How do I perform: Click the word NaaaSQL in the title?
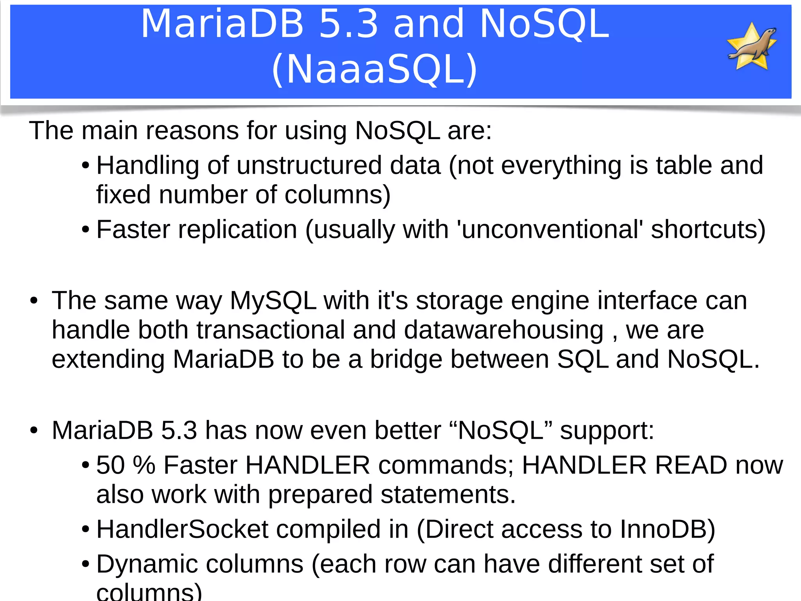click(374, 69)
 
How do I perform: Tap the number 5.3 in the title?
click(348, 24)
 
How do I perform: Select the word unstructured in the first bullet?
click(309, 165)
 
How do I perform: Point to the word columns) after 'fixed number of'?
click(337, 195)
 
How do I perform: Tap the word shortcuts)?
click(708, 230)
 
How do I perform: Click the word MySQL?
click(273, 301)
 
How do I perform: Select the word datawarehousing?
click(503, 330)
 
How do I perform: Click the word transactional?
click(270, 330)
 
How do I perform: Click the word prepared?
click(320, 495)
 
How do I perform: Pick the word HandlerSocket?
click(182, 529)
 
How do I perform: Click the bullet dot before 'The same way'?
click(34, 301)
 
